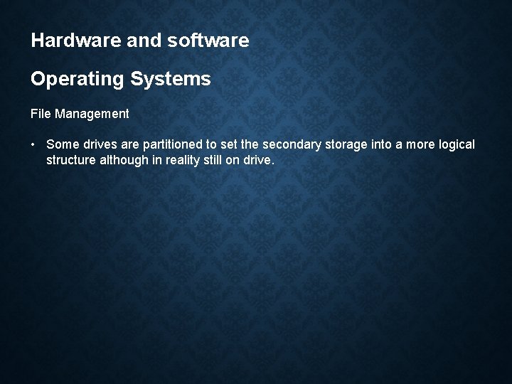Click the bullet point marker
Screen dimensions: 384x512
point(33,145)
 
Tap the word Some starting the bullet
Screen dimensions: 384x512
point(62,145)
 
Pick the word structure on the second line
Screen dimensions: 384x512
point(71,160)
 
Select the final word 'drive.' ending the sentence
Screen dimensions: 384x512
point(259,160)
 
